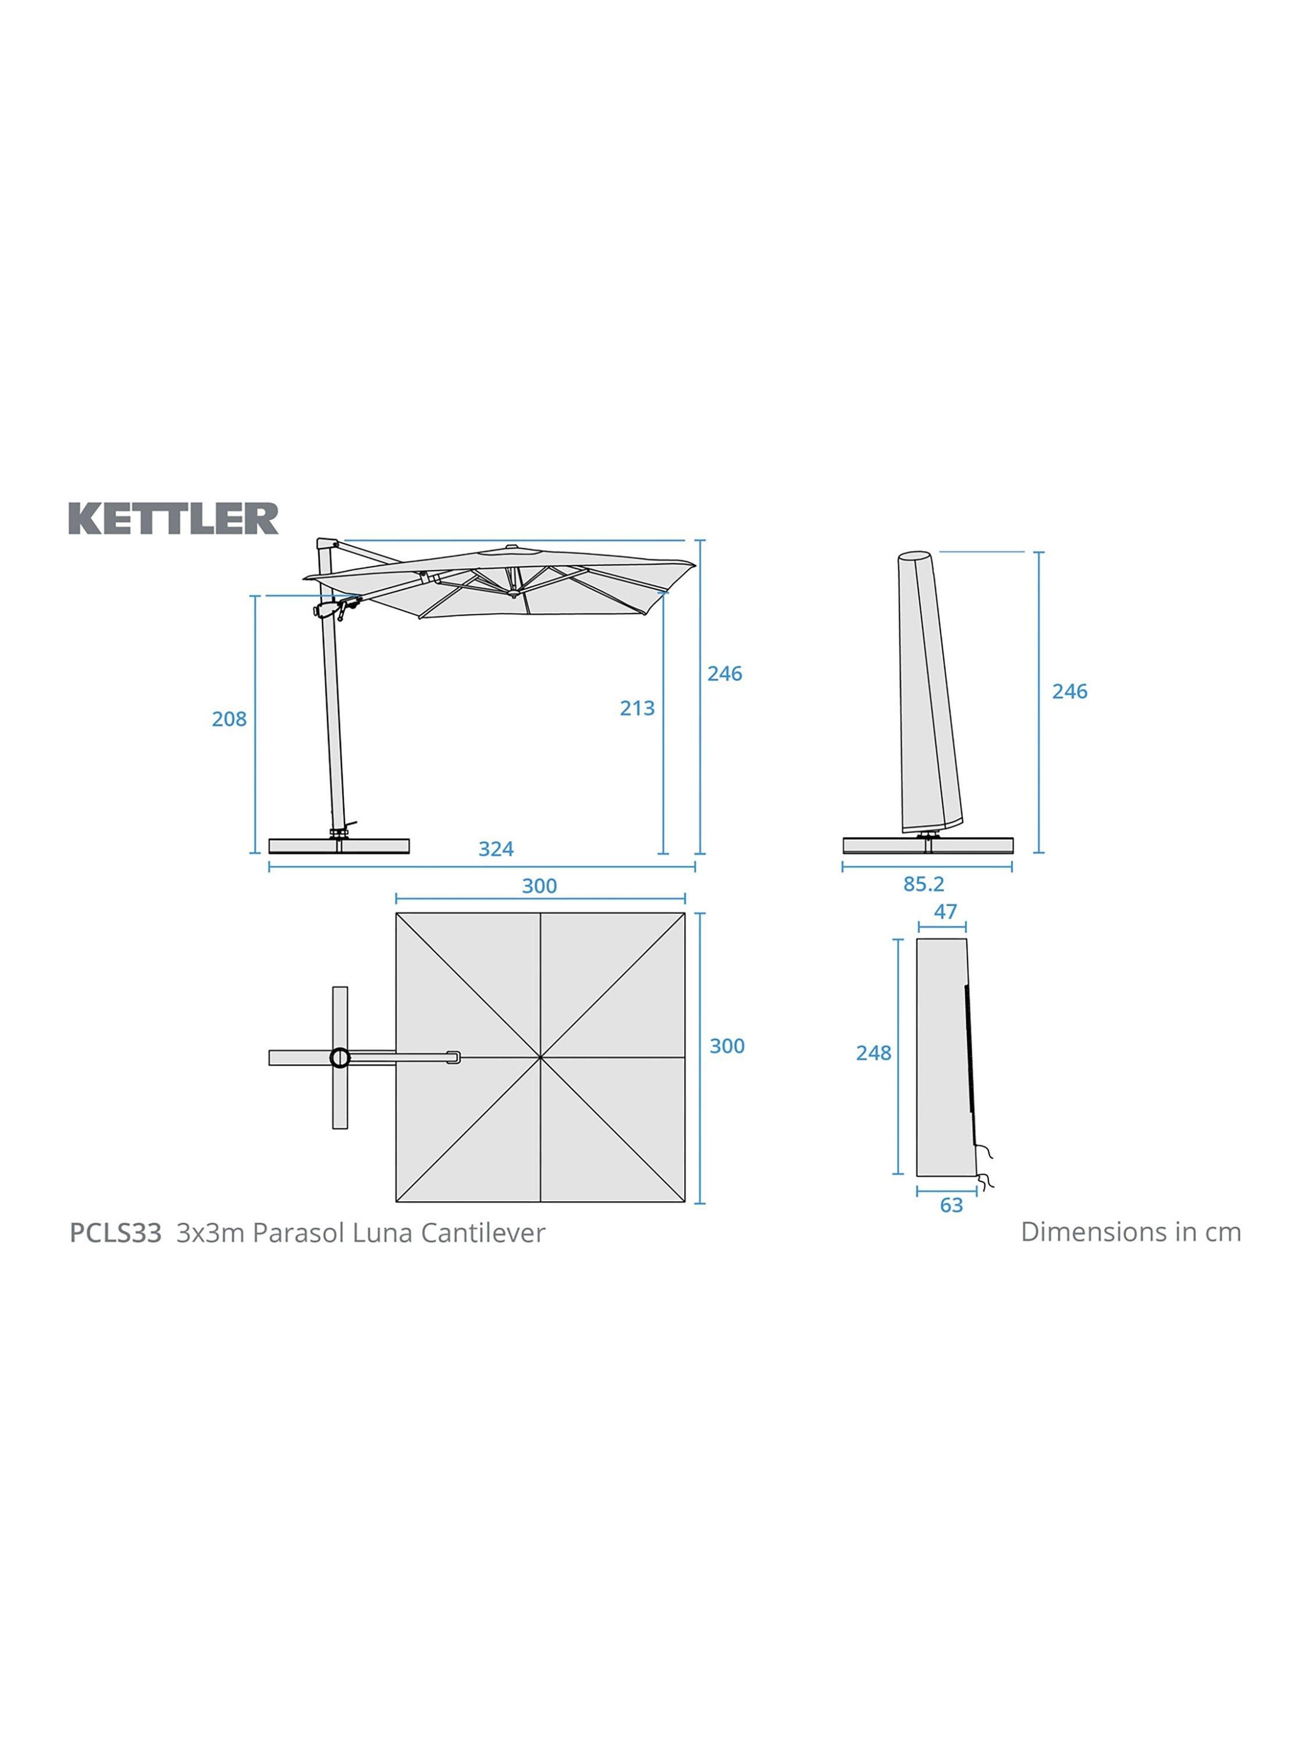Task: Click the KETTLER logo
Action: click(173, 518)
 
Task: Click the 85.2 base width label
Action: click(923, 884)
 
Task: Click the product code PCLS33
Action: click(115, 1232)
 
